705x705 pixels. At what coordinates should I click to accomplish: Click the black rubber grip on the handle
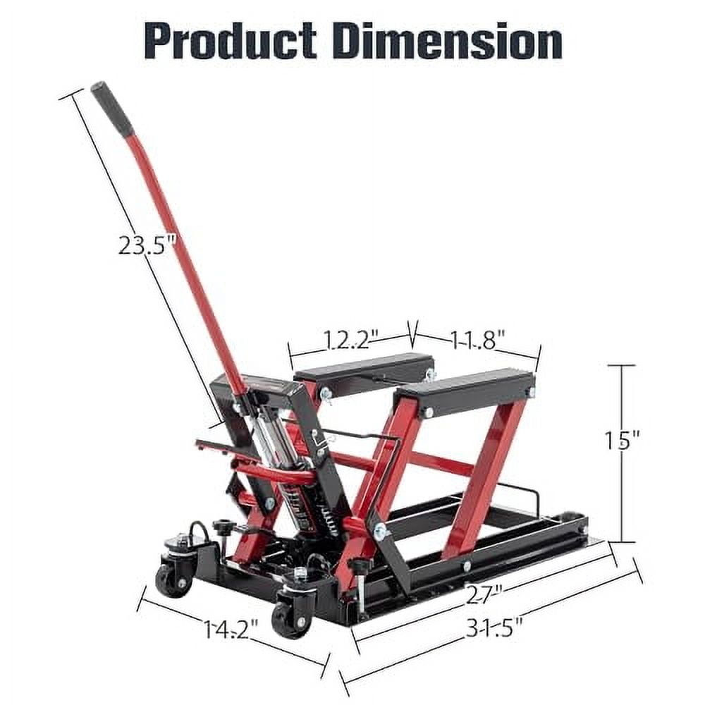point(112,109)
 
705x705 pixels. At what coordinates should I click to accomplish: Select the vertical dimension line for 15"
point(621,493)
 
